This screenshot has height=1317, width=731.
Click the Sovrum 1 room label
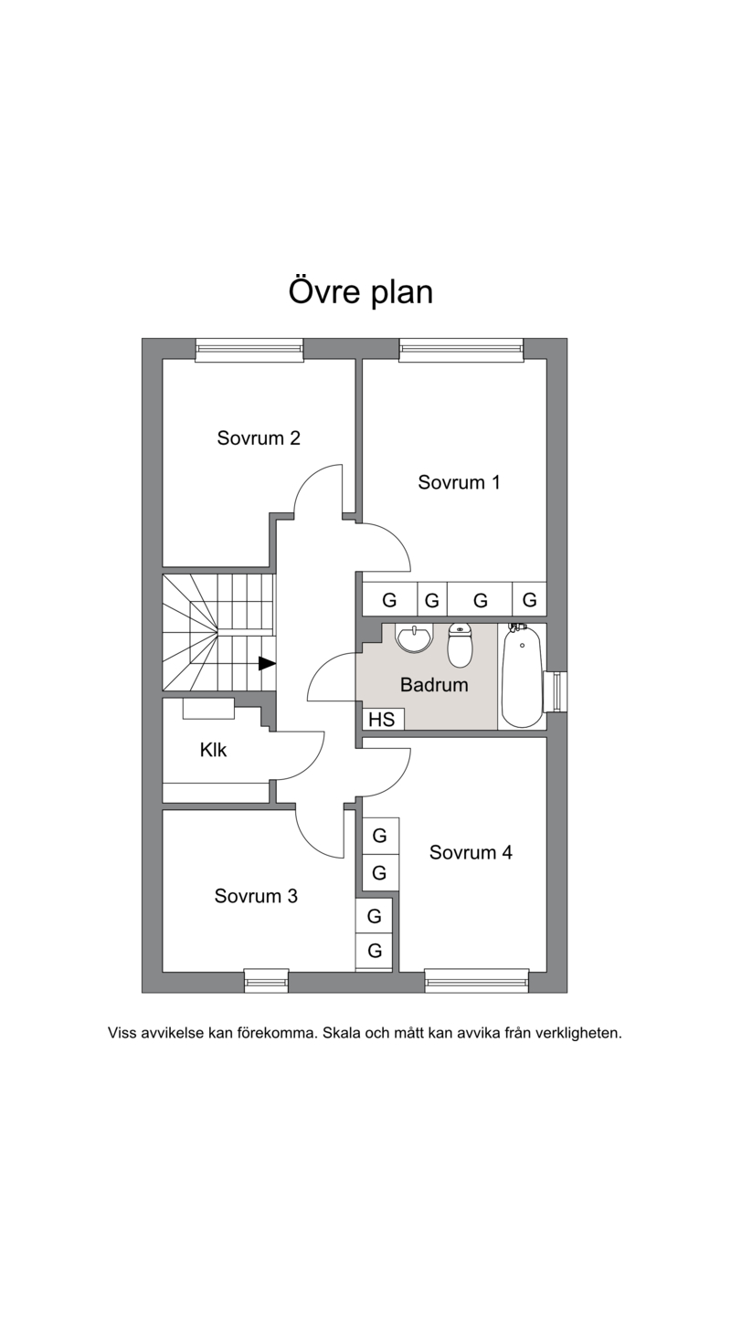[x=459, y=482]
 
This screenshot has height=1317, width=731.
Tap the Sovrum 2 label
[x=259, y=438]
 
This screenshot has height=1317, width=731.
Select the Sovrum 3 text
[x=256, y=896]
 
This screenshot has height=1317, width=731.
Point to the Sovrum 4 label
[x=471, y=852]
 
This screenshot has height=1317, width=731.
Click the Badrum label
[x=434, y=685]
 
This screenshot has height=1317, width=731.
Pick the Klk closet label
[x=213, y=750]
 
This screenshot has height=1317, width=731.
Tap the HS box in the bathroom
[x=382, y=719]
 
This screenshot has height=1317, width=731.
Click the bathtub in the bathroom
[x=522, y=676]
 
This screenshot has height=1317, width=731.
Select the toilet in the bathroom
[x=460, y=645]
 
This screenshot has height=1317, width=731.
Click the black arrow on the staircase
[x=268, y=663]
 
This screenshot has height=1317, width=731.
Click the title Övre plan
[x=361, y=292]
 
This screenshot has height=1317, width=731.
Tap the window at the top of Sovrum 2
[x=249, y=349]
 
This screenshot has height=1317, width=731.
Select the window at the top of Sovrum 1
[x=461, y=349]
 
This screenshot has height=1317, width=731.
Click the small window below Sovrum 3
[x=267, y=981]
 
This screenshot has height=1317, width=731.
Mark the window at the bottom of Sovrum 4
[x=477, y=981]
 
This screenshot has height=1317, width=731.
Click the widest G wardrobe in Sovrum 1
[x=480, y=599]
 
